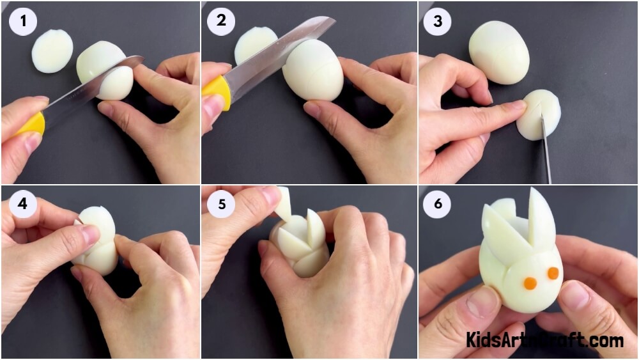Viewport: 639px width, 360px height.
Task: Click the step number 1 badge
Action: (23, 21)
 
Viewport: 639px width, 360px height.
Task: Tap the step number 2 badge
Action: (221, 20)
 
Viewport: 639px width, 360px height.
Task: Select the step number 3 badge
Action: (437, 21)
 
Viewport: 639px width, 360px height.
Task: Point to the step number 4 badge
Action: (23, 203)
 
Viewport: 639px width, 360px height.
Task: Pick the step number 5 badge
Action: (221, 203)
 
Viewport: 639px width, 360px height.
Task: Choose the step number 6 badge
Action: (437, 203)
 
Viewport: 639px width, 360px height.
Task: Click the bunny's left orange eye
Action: (530, 283)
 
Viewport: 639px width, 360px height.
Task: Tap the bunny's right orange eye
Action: (553, 273)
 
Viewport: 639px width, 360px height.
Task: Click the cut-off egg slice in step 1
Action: (52, 51)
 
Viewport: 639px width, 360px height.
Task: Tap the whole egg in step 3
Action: (499, 52)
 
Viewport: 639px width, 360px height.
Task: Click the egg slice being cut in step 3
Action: (539, 114)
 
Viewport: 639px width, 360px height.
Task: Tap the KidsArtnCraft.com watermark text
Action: (544, 340)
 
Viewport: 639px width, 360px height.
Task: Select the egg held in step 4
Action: (95, 240)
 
